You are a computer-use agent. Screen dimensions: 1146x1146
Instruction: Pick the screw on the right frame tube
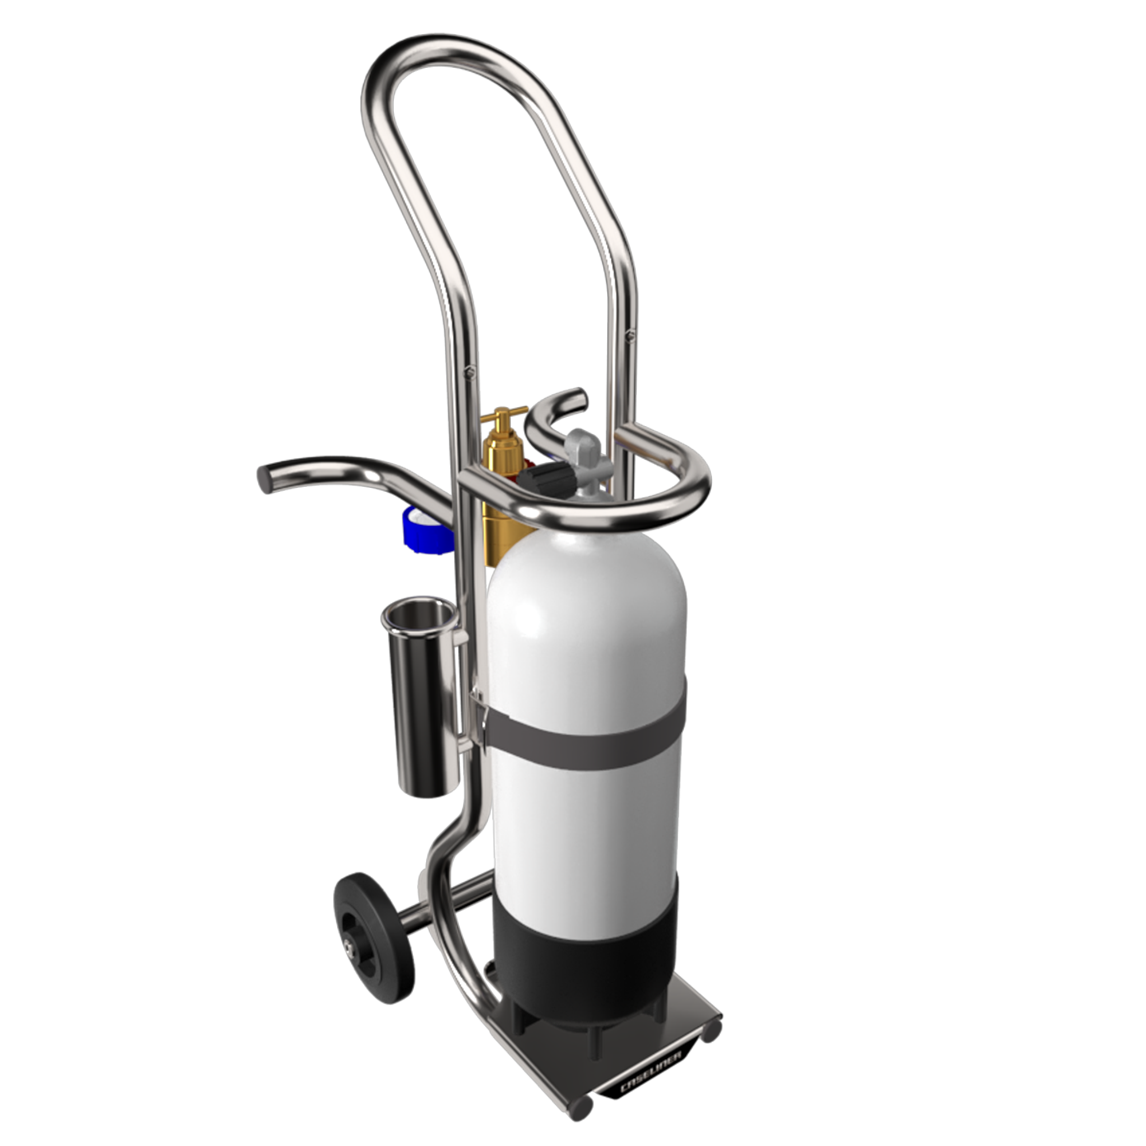pyautogui.click(x=630, y=336)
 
